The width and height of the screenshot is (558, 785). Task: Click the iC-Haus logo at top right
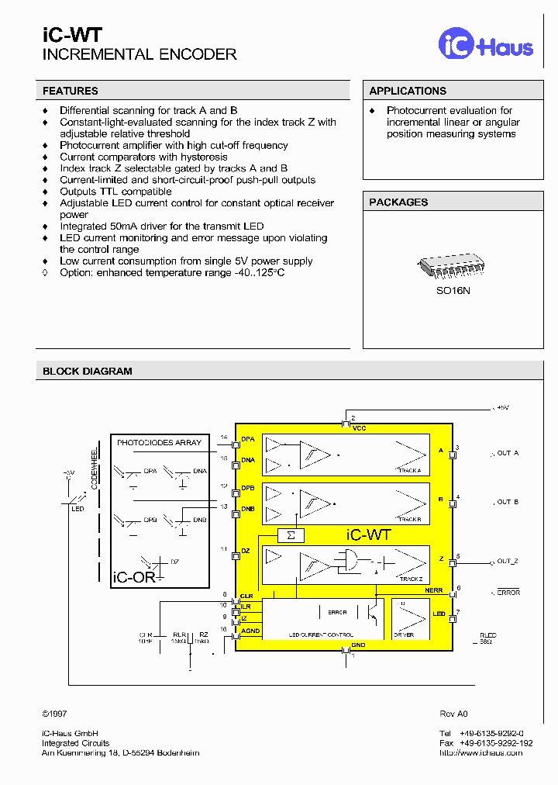click(x=486, y=44)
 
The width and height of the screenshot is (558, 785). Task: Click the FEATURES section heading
click(x=71, y=91)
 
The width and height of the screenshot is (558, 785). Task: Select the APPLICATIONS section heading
click(x=408, y=91)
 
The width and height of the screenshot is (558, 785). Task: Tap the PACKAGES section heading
click(x=398, y=202)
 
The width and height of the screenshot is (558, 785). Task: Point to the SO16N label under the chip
click(x=452, y=291)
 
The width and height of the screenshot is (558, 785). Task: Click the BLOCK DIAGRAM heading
click(x=88, y=371)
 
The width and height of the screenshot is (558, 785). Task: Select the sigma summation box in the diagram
click(x=291, y=535)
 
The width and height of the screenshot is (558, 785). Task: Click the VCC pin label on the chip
click(x=359, y=428)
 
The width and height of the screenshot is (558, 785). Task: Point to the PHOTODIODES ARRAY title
click(x=159, y=442)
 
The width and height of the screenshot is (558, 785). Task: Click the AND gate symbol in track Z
click(x=350, y=561)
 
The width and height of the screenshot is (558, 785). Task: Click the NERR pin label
click(x=434, y=590)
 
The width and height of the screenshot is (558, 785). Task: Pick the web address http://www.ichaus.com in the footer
click(x=480, y=752)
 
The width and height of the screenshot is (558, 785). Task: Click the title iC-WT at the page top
click(x=71, y=34)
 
